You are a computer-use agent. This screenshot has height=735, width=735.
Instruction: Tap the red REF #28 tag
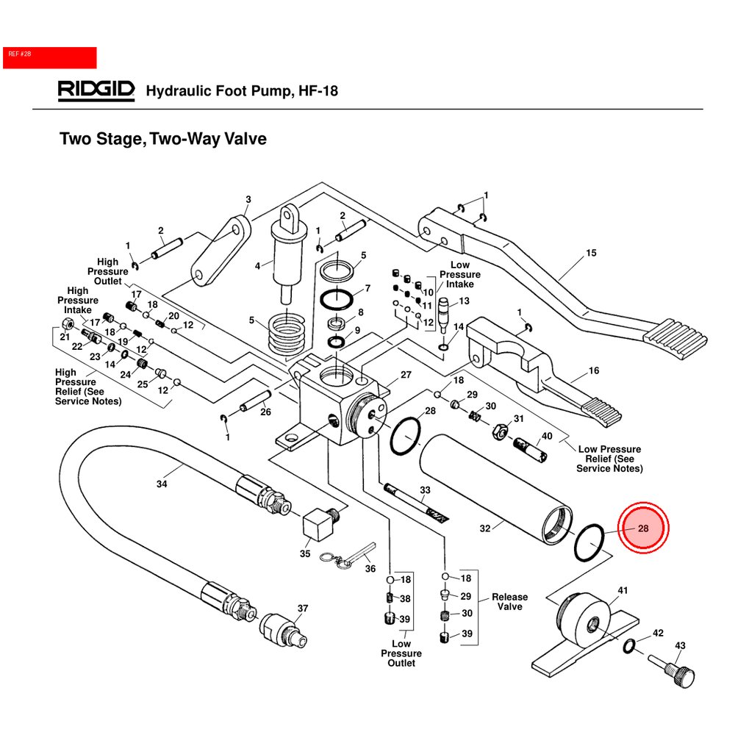point(50,57)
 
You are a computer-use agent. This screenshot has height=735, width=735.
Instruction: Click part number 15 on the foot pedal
point(591,254)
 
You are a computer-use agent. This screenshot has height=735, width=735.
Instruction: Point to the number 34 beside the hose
point(162,484)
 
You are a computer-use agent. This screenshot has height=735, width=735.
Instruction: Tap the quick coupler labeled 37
point(283,628)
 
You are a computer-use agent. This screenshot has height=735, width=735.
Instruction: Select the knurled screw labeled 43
point(676,672)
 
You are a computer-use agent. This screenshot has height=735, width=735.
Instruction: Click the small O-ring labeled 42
point(629,646)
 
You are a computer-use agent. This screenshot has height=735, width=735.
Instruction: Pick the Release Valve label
point(509,602)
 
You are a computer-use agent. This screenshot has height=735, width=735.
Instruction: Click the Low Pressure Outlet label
point(401,653)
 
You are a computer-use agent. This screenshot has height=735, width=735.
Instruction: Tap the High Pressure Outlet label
point(107,271)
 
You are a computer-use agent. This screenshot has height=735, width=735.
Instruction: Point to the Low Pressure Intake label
point(460,274)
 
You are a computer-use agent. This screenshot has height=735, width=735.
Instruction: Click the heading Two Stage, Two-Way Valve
point(162,138)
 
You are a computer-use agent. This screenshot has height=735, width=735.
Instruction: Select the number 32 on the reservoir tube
point(484,527)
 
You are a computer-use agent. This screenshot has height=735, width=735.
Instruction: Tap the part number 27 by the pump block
point(406,374)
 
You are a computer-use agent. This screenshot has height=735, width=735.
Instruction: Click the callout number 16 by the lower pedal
point(594,371)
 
